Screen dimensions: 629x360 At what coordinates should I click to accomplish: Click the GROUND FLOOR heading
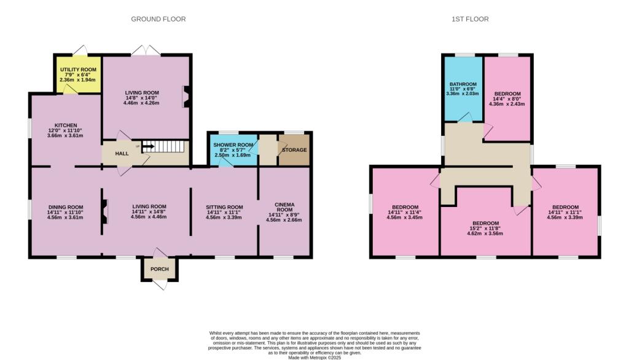coord(158,19)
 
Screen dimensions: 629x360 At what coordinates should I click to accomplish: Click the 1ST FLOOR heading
coord(470,19)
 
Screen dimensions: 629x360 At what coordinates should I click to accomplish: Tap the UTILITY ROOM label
coord(78,69)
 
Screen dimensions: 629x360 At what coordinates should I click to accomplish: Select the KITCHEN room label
coord(66,125)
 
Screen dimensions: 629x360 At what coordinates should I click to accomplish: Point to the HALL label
coord(122,154)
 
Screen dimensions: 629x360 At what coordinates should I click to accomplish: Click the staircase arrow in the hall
coord(148,146)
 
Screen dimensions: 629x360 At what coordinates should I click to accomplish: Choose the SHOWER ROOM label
coord(233,145)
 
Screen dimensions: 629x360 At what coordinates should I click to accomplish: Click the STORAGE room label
coord(294,150)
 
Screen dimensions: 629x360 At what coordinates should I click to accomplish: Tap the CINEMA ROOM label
coord(284,207)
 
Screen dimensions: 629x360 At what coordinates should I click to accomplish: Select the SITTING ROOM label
coord(224,207)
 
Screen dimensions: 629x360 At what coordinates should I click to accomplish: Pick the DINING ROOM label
coord(66,207)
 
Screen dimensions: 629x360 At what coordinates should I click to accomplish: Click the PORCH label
coord(160,269)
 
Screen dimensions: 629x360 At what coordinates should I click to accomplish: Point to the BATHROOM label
coord(463,84)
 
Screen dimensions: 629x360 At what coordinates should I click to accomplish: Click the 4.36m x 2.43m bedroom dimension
coord(507,104)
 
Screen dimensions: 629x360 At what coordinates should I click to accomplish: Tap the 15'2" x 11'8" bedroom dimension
coord(485,228)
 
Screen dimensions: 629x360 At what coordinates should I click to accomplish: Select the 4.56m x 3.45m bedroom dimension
coord(405,217)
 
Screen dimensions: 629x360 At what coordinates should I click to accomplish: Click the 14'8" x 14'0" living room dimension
coord(142,98)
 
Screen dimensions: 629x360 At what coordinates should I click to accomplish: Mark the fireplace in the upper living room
coord(186,96)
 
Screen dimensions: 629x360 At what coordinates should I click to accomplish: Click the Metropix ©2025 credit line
coord(314,357)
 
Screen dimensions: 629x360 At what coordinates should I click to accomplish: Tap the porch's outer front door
coord(160,284)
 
